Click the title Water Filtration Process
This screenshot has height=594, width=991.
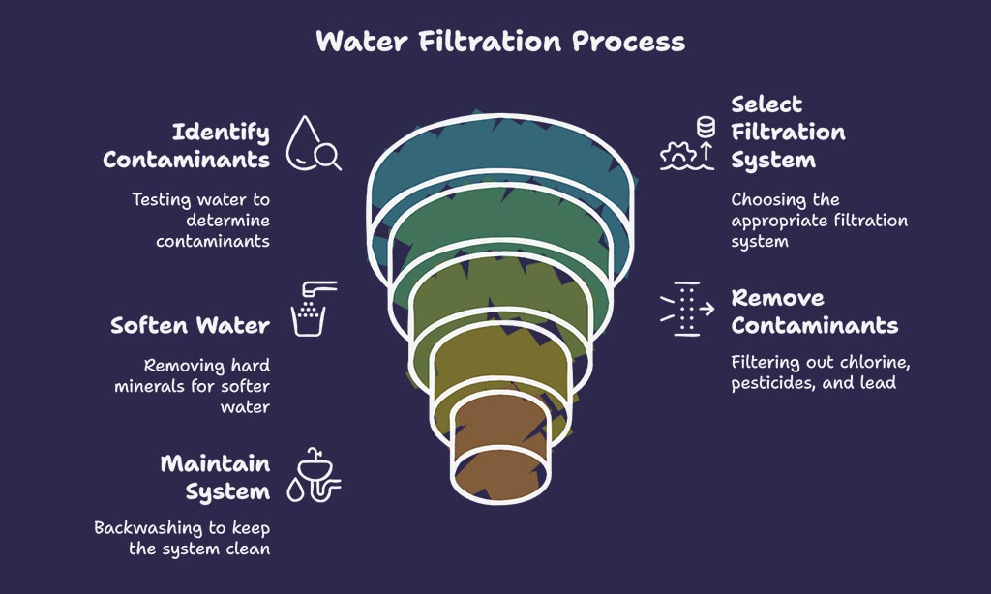point(500,42)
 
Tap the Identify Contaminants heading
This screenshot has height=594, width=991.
point(187,146)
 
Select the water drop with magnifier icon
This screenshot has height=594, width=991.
point(313,143)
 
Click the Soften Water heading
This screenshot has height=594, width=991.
point(191,325)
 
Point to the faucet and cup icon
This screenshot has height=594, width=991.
point(314,309)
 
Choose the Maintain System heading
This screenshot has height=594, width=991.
point(215,478)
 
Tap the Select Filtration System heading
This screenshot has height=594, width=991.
point(788,133)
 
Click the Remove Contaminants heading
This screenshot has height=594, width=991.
point(815,312)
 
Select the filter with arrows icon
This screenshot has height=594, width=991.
point(688,309)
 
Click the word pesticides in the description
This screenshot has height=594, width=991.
point(773,383)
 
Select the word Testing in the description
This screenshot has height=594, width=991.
point(162,200)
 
